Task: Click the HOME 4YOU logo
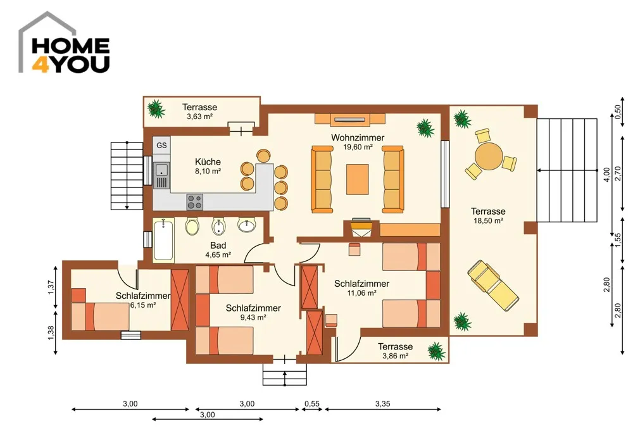[64, 43]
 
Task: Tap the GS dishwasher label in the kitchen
[161, 146]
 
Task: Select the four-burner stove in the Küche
[194, 202]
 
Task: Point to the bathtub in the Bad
[163, 240]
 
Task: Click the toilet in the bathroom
[192, 226]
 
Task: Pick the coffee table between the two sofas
[357, 179]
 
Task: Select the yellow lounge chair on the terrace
[493, 285]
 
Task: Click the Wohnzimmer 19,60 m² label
[358, 142]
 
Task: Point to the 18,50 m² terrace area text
[488, 221]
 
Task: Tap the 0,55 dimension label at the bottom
[312, 403]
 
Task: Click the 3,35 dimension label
[383, 403]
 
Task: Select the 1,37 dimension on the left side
[51, 287]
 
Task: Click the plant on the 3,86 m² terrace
[436, 351]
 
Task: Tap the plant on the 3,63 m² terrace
[156, 109]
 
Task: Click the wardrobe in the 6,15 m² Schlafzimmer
[180, 299]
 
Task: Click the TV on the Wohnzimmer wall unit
[349, 120]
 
